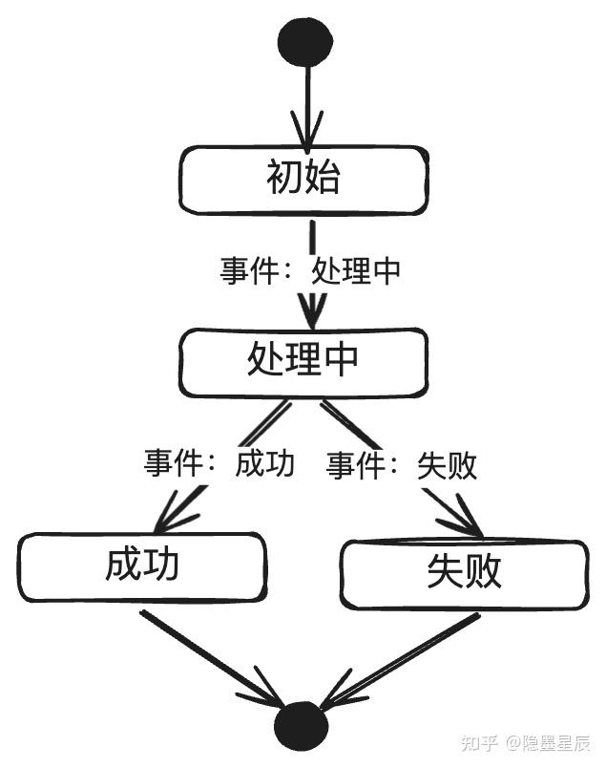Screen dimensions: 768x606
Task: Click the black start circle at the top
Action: pos(305,41)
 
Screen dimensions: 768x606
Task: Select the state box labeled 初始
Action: pos(303,179)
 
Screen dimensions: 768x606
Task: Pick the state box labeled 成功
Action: pos(141,566)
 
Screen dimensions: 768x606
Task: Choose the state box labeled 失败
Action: pos(466,572)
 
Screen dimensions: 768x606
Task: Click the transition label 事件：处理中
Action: pos(311,271)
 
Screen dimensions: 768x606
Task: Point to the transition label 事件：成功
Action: pos(219,464)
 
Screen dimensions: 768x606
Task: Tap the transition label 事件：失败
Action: pos(402,465)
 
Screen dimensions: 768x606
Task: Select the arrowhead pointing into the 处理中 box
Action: pos(310,314)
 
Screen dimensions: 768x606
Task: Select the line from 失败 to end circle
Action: pos(401,659)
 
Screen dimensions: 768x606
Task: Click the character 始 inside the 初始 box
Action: pos(321,179)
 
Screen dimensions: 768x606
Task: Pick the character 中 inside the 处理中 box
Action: pos(341,360)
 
